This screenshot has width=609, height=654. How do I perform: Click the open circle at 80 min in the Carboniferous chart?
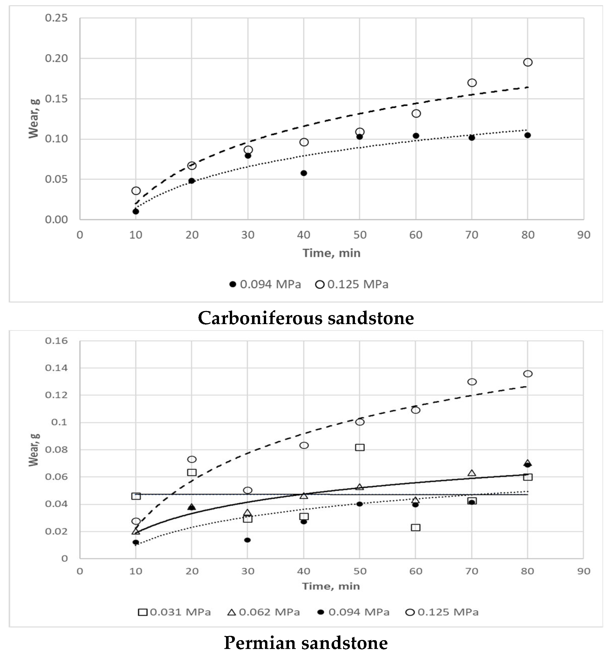[527, 62]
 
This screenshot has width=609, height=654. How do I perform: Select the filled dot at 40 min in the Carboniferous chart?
[304, 173]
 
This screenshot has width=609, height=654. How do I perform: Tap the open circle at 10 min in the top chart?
[136, 191]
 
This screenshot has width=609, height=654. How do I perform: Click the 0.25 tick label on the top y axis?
[56, 18]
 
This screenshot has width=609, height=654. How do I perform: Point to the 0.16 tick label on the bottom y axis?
[56, 340]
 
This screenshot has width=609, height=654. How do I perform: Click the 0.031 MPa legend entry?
[174, 612]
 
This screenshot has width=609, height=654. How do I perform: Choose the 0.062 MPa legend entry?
[264, 612]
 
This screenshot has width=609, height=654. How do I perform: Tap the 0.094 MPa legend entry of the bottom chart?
[353, 612]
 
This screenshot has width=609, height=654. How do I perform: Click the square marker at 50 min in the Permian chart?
[360, 448]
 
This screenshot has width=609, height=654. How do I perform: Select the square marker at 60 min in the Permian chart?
[415, 527]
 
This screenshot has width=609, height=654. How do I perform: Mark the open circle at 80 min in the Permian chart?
[527, 374]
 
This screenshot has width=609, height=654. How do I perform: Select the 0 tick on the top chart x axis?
[80, 235]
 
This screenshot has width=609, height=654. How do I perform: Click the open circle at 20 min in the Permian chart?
[192, 459]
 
